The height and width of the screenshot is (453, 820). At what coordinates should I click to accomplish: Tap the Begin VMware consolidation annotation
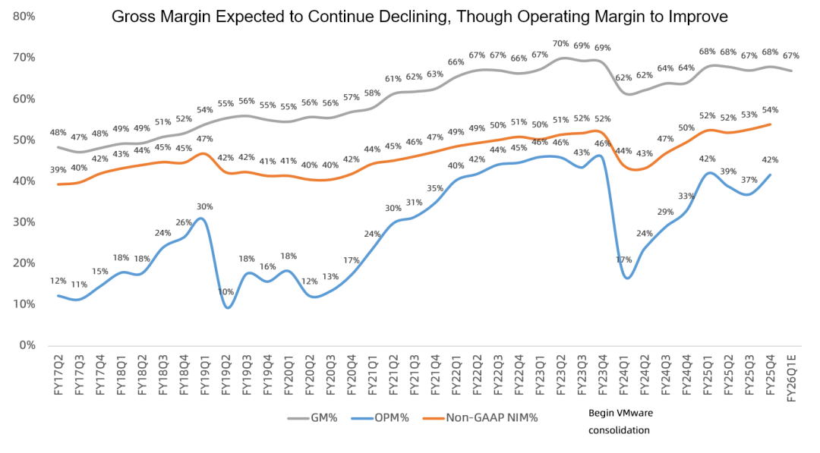(620, 421)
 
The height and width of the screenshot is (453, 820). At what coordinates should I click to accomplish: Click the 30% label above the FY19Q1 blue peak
(204, 206)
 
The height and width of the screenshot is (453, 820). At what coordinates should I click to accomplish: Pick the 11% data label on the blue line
(78, 285)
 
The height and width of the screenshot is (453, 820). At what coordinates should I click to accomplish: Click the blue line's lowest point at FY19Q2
(227, 307)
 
